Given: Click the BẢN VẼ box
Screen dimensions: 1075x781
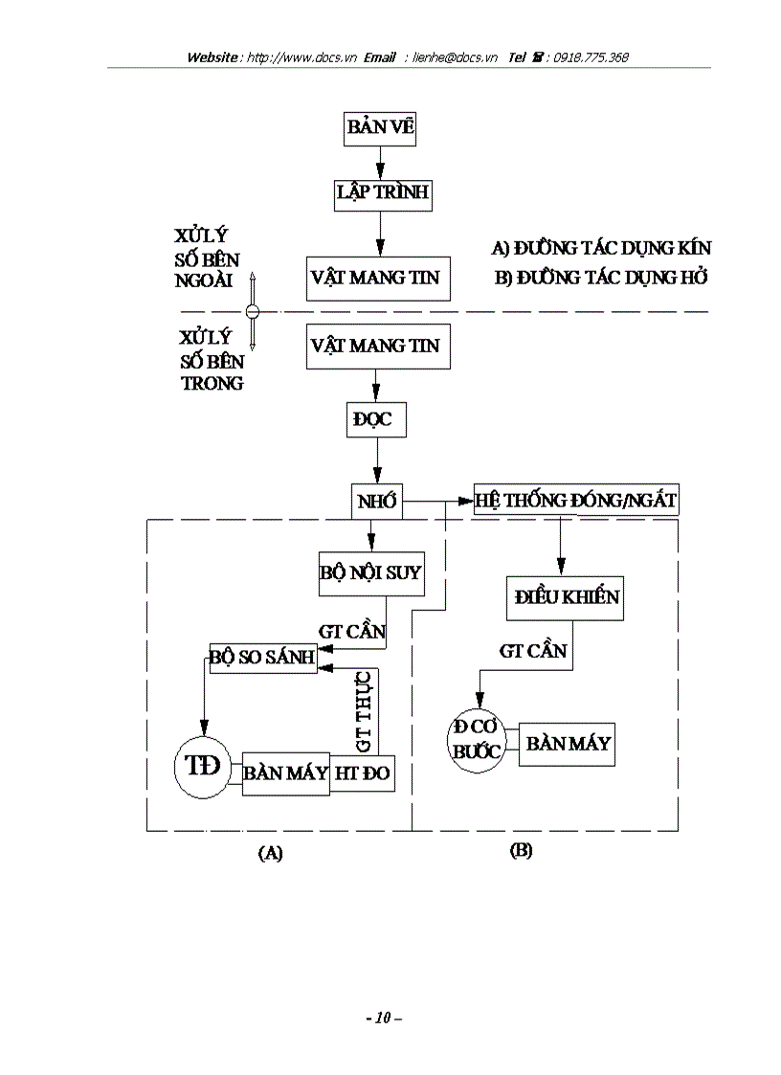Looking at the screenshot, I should [380, 129].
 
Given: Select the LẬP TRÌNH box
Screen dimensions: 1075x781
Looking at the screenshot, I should [382, 193].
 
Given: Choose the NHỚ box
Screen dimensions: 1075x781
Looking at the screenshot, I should [376, 501].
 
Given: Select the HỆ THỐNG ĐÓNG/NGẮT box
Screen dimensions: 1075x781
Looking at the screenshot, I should [576, 500].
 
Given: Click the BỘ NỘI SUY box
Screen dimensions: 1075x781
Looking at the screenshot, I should [370, 573].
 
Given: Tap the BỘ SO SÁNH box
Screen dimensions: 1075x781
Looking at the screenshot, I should [263, 658].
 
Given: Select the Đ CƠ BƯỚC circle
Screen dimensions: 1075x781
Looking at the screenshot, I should [478, 740].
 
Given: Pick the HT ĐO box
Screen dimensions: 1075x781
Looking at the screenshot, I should [363, 773].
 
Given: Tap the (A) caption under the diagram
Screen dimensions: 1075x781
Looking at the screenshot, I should [270, 853].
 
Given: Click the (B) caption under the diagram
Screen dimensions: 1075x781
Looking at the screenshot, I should [521, 850].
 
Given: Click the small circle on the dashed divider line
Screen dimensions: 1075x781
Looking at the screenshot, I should [253, 311].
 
